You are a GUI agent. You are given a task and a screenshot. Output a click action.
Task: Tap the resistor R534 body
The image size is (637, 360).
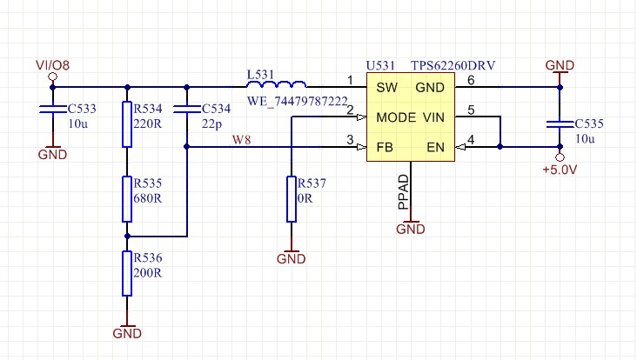coord(128,123)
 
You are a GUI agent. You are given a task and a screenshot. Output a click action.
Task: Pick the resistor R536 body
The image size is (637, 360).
coord(128,273)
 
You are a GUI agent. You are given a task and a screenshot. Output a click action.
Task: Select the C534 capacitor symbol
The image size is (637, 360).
coord(188,110)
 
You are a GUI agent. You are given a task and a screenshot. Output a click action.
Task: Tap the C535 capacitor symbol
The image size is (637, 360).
coord(560,124)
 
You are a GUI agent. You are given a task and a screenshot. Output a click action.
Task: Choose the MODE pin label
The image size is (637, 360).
coord(396,117)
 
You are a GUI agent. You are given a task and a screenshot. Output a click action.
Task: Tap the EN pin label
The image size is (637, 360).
coord(435,147)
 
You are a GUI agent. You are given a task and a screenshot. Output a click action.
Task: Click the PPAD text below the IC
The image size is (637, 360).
coord(402,192)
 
